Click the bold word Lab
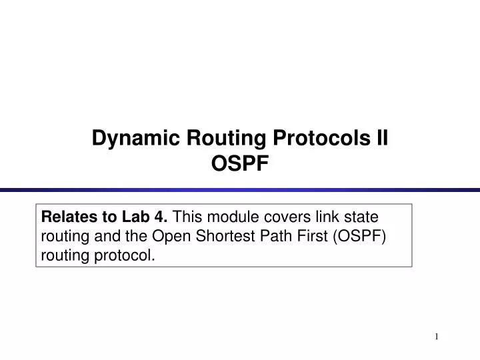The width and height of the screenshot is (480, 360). pos(135,217)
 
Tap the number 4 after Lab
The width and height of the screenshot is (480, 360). pos(161,217)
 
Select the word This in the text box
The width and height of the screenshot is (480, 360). pos(187,217)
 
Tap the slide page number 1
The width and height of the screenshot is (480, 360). pos(437,337)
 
